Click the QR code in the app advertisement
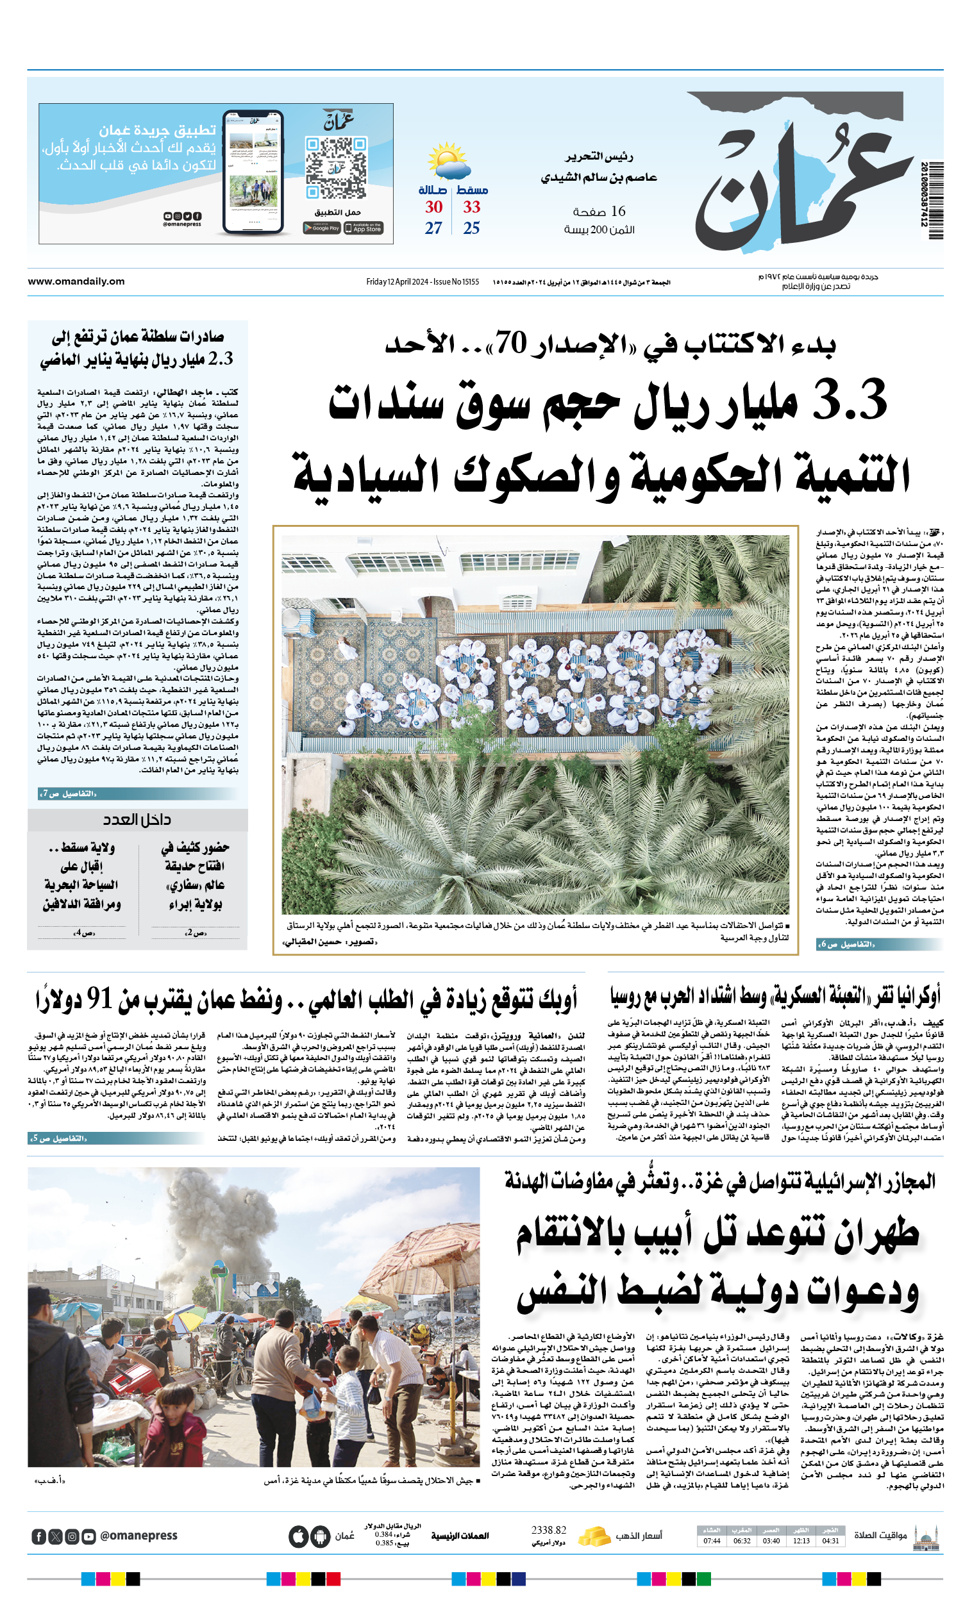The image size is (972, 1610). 336,167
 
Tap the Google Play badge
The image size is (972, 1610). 322,228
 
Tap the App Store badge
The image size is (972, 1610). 364,228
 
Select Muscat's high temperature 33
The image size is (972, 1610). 471,207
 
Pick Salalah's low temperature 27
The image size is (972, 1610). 433,228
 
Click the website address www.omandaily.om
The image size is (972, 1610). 76,281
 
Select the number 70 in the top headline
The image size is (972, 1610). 511,342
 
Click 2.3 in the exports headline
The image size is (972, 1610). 221,359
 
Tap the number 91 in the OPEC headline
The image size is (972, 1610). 100,999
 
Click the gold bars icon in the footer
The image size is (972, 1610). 594,1536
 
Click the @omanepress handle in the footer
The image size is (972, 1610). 138,1536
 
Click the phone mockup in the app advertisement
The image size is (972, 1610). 253,173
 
